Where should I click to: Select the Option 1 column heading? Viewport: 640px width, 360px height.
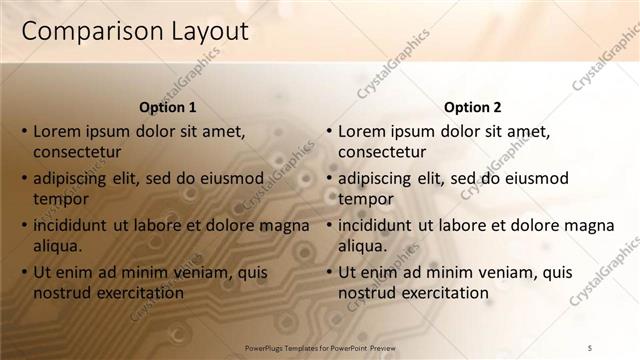[x=167, y=107]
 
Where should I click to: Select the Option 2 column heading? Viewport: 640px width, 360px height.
[x=473, y=107]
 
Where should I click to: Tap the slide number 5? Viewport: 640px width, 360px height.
[x=590, y=347]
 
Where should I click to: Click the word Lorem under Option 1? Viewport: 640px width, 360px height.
[x=57, y=130]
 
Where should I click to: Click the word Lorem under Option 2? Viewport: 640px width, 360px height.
[x=362, y=130]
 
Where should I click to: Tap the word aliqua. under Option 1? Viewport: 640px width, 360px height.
[x=57, y=246]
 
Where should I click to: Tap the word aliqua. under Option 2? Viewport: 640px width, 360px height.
[x=362, y=246]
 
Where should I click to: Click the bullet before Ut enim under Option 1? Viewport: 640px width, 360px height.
[x=24, y=272]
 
